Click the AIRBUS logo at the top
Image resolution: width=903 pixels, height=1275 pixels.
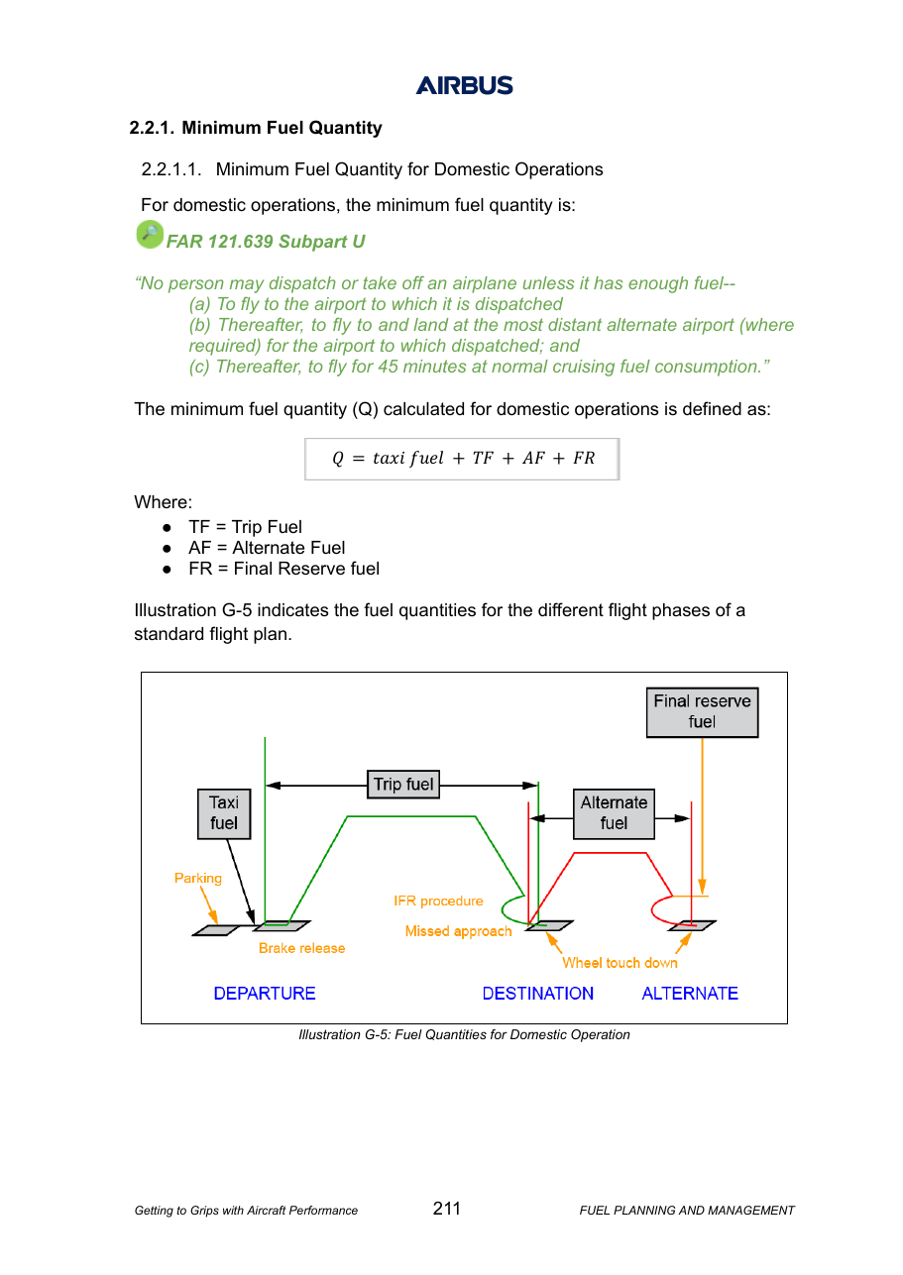[464, 85]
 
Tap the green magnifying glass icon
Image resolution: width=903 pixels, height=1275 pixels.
[150, 234]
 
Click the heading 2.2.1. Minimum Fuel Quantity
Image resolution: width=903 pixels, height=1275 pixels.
[256, 128]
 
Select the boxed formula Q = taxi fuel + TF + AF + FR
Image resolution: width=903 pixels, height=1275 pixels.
[462, 459]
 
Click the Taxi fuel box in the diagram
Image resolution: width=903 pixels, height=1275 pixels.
[224, 813]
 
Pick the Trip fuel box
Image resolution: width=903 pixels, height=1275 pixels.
[403, 785]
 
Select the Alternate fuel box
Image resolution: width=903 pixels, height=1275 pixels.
[614, 813]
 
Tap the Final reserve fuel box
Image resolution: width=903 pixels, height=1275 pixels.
[702, 712]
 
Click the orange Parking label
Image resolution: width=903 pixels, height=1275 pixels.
[198, 878]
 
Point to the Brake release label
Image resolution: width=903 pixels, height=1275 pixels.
[301, 948]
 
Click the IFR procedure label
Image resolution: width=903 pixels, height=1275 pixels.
[438, 901]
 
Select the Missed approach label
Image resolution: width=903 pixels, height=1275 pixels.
[458, 930]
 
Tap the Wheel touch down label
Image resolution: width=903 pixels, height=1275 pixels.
[621, 963]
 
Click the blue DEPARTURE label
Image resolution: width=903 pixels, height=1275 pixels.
[265, 994]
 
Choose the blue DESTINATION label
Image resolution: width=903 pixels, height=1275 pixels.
[537, 994]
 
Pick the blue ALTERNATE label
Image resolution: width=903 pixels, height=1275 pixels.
[690, 994]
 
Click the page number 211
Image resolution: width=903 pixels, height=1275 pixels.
[446, 1208]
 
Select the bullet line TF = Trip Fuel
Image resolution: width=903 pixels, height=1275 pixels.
[246, 527]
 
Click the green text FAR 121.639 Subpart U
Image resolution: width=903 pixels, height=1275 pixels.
[266, 242]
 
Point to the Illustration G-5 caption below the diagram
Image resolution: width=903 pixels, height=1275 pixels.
[464, 1034]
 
